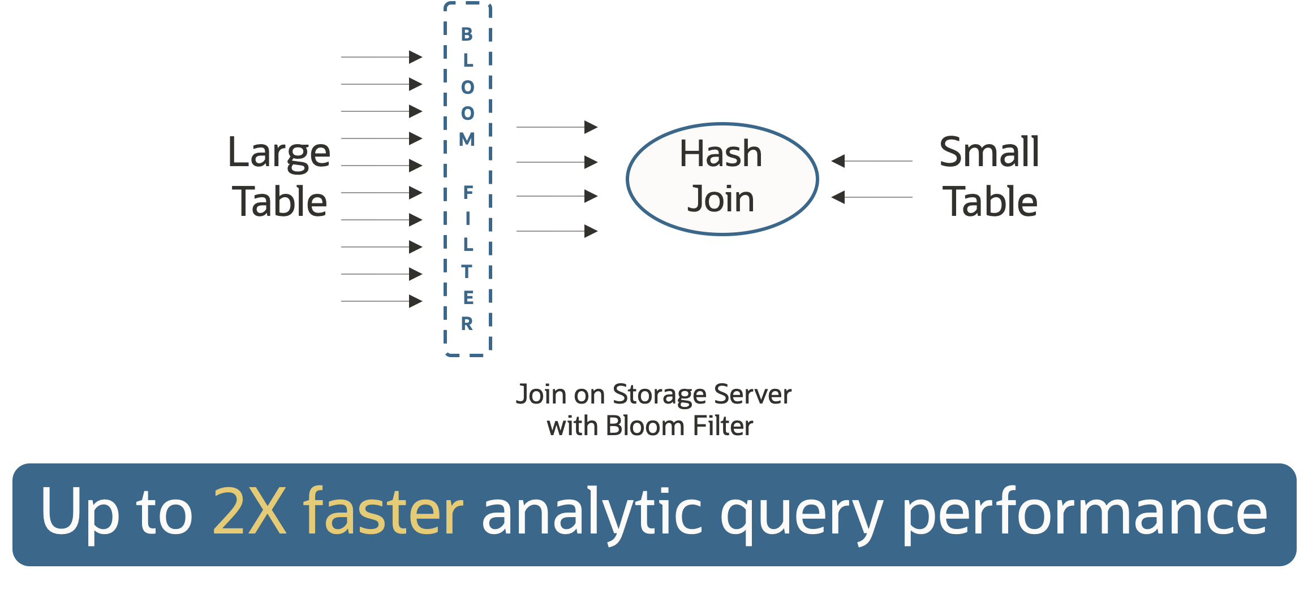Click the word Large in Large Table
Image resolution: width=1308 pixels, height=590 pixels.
click(279, 153)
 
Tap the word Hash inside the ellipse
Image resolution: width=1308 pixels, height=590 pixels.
click(721, 154)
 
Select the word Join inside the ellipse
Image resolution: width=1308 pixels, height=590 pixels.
click(721, 199)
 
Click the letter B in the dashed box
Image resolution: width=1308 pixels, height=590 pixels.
click(467, 34)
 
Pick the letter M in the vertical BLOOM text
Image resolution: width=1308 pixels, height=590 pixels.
click(467, 139)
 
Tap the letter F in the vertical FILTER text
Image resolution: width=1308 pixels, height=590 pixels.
click(468, 192)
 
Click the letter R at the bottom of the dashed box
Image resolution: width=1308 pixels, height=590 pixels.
click(467, 324)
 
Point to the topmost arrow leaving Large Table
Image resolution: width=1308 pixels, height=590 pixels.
click(382, 57)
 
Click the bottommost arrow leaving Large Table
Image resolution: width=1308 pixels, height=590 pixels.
click(382, 301)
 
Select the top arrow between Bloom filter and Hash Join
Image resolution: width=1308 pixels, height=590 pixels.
click(557, 127)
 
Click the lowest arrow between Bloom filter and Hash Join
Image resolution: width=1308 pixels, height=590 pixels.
click(557, 231)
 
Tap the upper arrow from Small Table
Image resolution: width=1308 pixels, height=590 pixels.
click(871, 161)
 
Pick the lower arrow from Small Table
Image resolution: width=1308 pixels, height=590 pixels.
click(871, 197)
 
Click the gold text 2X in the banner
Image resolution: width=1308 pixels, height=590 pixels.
click(249, 512)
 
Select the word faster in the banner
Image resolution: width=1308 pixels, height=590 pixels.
click(384, 512)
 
